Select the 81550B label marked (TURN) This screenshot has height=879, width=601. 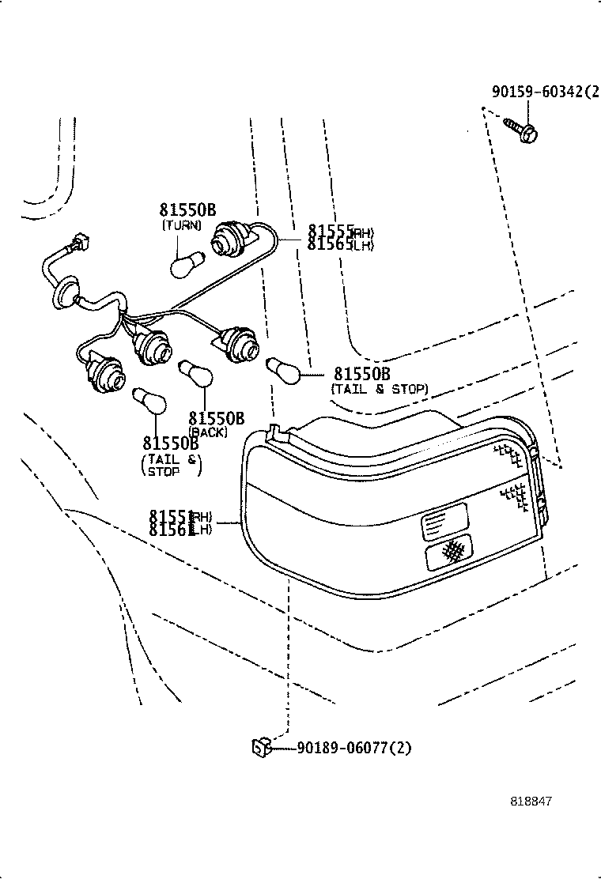point(187,209)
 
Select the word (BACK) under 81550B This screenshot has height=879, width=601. point(208,432)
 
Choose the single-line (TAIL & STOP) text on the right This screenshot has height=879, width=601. point(380,389)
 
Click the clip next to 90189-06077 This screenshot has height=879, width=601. point(262,745)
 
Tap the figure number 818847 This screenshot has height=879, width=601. point(530,801)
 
